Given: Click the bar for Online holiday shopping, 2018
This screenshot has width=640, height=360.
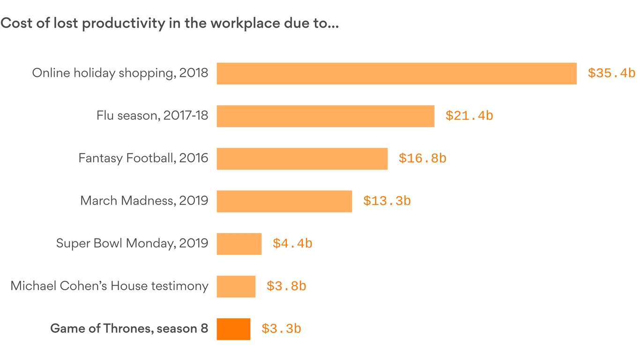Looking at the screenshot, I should (396, 74).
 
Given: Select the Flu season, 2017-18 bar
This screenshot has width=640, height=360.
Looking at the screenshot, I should (325, 116).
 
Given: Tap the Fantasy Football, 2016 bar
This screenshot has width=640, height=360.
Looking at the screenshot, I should (302, 159).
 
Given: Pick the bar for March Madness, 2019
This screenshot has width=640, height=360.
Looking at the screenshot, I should (284, 201).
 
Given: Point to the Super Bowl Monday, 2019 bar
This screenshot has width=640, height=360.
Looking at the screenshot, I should (239, 244).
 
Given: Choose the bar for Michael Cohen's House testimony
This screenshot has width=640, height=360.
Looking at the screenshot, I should (236, 286).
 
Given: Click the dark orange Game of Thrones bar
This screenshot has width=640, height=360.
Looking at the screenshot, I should (233, 329).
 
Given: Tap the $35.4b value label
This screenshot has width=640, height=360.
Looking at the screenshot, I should (611, 74).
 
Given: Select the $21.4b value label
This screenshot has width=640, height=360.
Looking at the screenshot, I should (469, 116).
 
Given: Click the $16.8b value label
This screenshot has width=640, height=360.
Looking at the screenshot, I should (422, 159).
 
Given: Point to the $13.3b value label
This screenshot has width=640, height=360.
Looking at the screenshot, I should (387, 202).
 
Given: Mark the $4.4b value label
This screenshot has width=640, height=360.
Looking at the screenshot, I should (292, 244).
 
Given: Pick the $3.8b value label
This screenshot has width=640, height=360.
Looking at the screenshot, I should (286, 286).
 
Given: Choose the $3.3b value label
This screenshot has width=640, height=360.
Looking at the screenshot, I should (281, 329).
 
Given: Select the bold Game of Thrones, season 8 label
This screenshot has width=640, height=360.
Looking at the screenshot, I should (129, 329).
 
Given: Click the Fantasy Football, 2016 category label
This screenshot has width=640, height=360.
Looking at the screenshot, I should (143, 158).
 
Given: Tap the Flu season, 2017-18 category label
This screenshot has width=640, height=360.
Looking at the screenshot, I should (152, 116).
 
